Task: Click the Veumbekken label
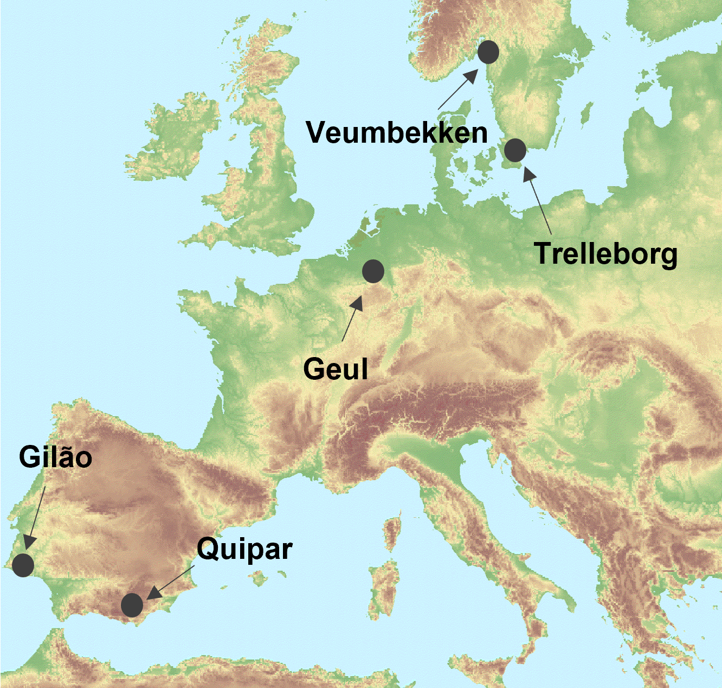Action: click(397, 133)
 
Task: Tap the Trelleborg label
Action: click(605, 253)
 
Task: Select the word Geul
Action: click(336, 370)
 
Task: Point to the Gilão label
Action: click(55, 457)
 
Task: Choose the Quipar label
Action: click(244, 549)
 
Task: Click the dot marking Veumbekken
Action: click(488, 52)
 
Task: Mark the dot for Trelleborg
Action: click(515, 150)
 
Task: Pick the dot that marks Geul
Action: click(373, 271)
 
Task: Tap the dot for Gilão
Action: click(23, 565)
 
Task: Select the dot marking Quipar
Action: click(132, 605)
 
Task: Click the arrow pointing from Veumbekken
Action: click(457, 89)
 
